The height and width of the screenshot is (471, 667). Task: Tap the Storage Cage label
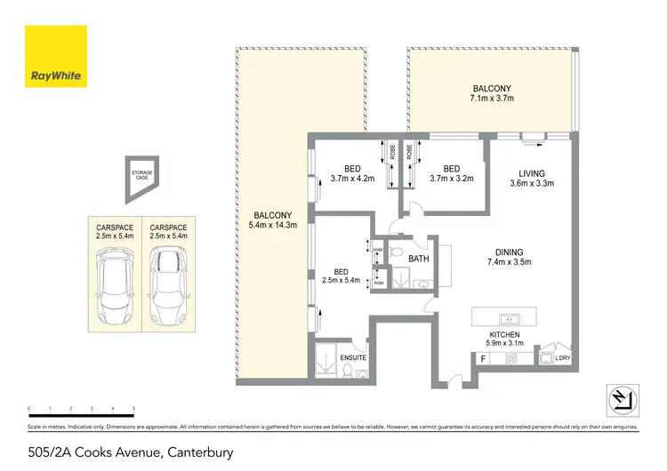pos(140,175)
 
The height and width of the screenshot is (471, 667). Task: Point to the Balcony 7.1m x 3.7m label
pos(492,92)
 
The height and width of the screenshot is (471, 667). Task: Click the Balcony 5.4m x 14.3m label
pos(273,220)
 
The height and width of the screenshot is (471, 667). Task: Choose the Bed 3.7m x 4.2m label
pos(353,173)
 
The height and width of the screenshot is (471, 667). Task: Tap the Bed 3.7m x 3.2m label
pos(451,173)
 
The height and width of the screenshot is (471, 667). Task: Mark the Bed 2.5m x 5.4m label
pos(341,277)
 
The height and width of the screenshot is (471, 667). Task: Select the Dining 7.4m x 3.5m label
pos(510,258)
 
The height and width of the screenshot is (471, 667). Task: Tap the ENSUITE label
pos(353,358)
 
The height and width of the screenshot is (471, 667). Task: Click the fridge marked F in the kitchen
pos(483,359)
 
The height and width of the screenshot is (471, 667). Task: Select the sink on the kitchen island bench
pos(510,318)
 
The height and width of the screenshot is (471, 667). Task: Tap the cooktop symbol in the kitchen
pos(511,358)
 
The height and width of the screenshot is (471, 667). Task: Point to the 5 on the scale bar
pos(133,409)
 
